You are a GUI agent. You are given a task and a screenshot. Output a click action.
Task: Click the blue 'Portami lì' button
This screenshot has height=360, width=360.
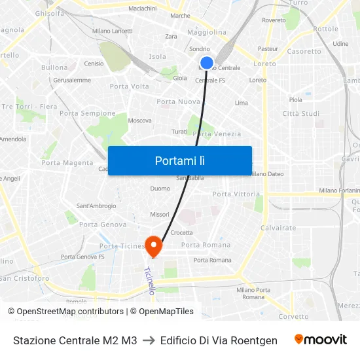click(179, 160)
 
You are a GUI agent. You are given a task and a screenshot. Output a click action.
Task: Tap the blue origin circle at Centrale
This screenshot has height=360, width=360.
click(206, 63)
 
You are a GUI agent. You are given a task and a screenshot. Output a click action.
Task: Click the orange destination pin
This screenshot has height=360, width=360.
click(154, 246)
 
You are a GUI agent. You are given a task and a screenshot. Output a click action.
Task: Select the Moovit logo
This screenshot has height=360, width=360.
click(320, 340)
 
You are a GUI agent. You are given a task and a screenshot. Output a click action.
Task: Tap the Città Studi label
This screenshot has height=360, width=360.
click(300, 114)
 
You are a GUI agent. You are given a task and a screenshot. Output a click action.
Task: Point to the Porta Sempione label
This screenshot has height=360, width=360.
click(87, 113)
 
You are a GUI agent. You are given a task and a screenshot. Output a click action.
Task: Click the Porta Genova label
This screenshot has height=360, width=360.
click(103, 225)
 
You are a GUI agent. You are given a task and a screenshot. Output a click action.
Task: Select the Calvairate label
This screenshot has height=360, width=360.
click(278, 228)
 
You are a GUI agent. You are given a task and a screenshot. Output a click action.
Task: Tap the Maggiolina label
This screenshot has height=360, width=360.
click(207, 32)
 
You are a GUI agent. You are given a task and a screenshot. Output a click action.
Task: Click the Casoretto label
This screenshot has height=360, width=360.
click(304, 51)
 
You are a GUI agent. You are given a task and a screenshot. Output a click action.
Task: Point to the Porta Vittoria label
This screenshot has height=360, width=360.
click(236, 194)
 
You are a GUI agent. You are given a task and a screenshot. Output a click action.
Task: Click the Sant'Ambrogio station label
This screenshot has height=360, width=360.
click(96, 206)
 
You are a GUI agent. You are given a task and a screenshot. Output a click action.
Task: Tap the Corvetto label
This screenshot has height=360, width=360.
click(293, 316)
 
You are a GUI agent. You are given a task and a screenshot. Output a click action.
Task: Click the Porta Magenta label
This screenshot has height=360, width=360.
click(67, 163)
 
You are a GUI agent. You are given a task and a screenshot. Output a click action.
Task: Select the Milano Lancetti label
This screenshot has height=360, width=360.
click(112, 31)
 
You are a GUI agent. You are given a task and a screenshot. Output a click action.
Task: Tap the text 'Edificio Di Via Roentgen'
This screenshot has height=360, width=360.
click(218, 340)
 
